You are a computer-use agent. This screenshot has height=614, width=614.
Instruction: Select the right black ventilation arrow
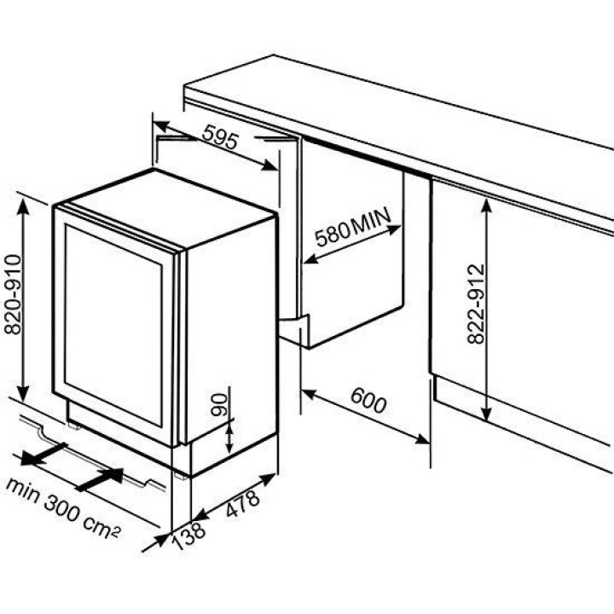101,479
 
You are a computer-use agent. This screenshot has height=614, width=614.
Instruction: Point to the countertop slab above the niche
401,111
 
